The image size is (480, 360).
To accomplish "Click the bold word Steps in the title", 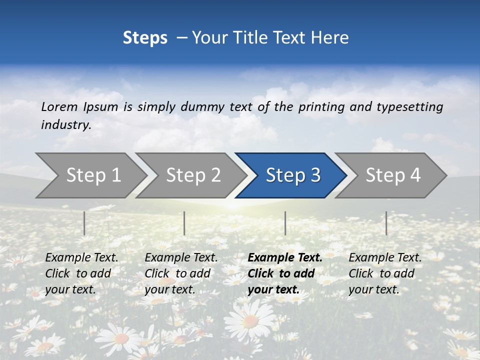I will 145,37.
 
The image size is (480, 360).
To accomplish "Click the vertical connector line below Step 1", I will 84,223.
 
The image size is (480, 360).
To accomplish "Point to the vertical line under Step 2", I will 184,223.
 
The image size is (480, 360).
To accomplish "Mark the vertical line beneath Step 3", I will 285,223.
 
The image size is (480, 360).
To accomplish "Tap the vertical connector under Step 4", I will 386,223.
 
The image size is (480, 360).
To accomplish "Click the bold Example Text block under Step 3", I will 284,273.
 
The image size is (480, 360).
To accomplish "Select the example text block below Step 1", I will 81,273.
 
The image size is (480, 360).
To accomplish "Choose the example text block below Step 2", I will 181,273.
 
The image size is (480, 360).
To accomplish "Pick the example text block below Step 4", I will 385,273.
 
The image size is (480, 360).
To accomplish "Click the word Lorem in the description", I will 59,107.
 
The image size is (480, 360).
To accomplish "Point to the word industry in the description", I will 65,125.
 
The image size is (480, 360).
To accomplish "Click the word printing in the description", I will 321,107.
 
